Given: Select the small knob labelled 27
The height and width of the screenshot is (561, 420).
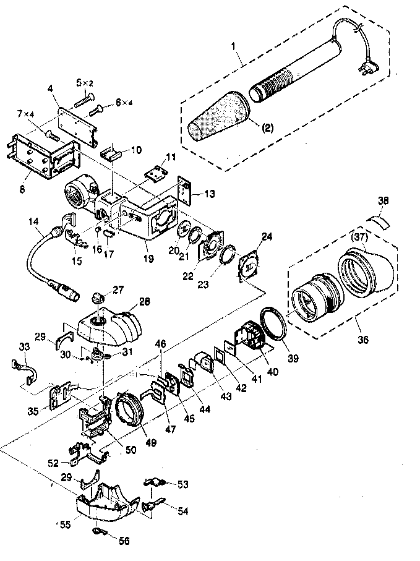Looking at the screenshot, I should pyautogui.click(x=97, y=298).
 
